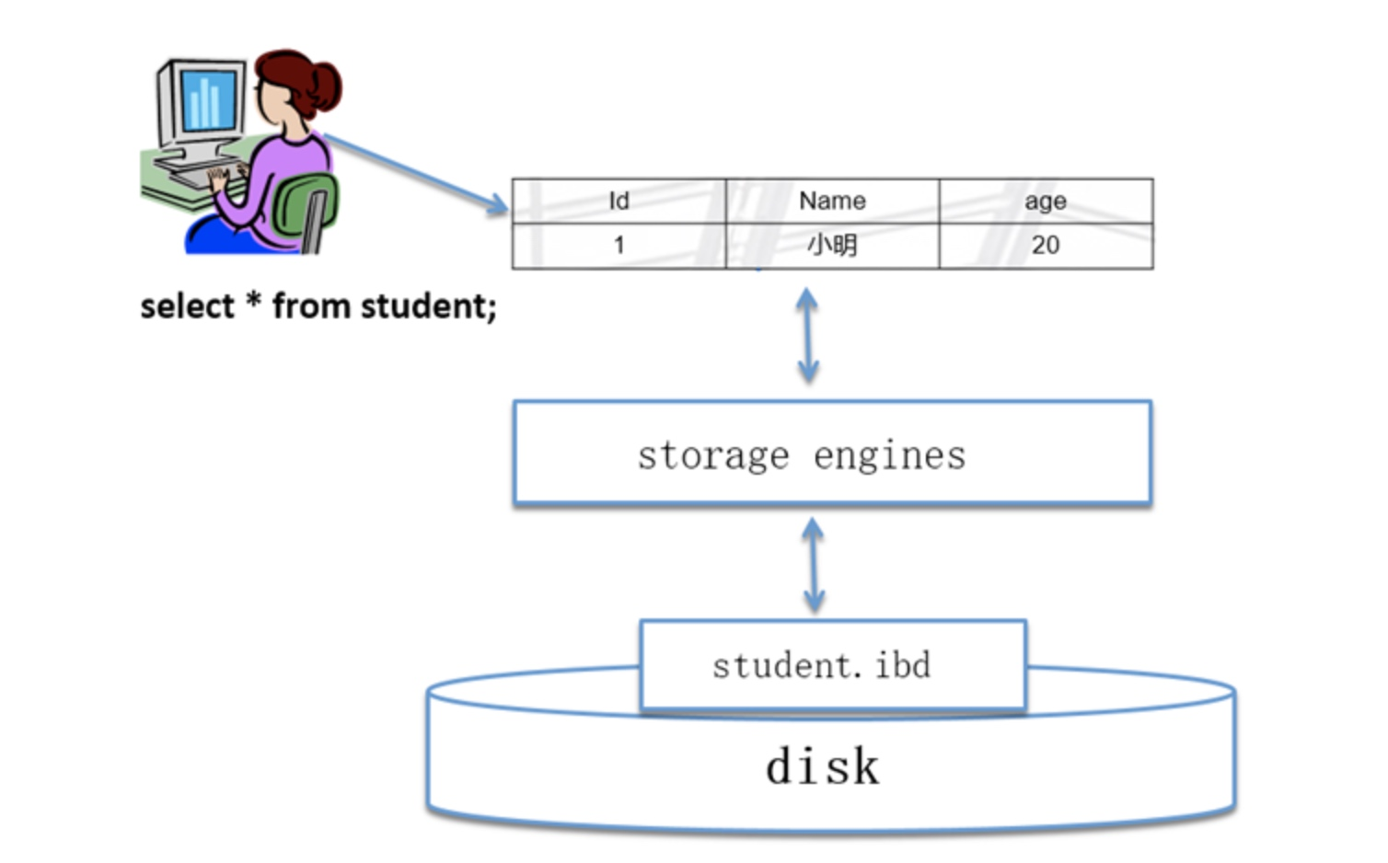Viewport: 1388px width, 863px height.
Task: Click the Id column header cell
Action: (619, 201)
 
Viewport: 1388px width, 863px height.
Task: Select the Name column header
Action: (832, 201)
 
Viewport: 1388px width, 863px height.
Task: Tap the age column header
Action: (1045, 201)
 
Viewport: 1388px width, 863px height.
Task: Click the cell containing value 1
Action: (619, 246)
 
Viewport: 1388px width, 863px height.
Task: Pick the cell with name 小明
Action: (832, 246)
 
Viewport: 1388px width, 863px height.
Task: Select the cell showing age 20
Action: (1045, 246)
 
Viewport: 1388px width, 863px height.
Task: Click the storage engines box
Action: (832, 453)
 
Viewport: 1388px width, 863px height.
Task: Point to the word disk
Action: (822, 766)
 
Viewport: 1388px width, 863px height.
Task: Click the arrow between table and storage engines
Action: (807, 335)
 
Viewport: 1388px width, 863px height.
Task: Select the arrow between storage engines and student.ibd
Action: (814, 564)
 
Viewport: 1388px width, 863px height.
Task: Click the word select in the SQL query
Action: (187, 306)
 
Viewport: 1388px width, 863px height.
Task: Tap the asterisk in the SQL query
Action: (252, 301)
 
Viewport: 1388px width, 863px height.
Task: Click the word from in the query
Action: (310, 306)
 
